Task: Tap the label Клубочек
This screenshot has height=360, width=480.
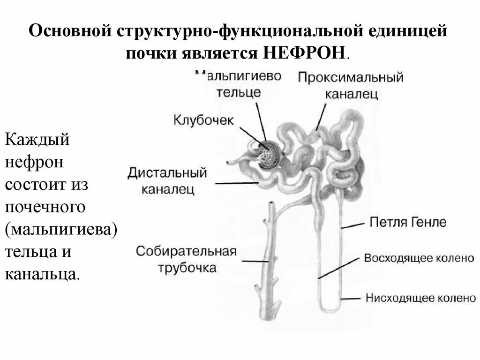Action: pos(203,120)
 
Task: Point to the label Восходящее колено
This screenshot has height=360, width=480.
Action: pos(419,258)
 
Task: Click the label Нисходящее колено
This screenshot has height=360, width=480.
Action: pos(420,298)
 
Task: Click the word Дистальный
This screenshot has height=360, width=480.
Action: pos(167,173)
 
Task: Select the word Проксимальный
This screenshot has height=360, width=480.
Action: pos(350,77)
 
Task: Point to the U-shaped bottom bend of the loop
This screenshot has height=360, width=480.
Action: pos(330,307)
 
